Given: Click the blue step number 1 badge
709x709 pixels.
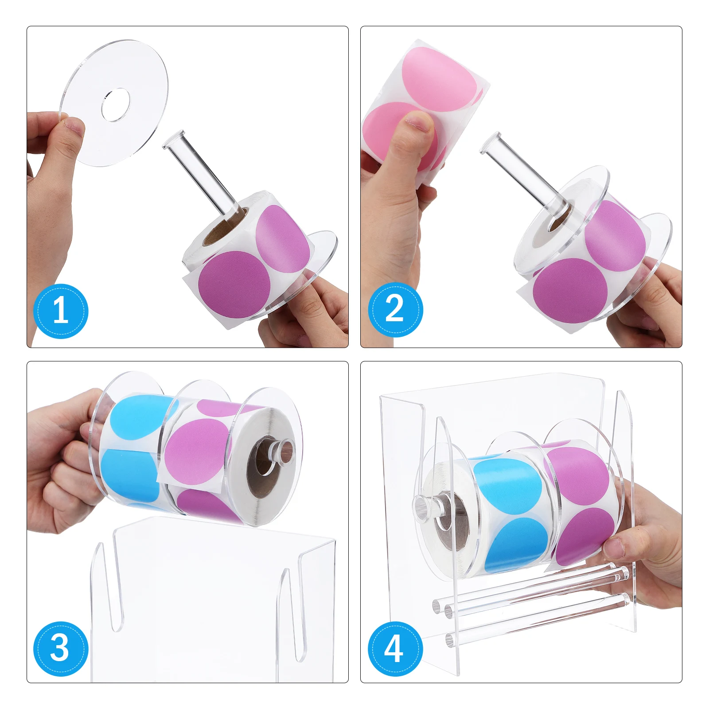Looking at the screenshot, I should (61, 311).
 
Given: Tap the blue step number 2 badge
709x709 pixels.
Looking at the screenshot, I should (395, 309).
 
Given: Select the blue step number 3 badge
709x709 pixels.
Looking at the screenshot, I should (61, 648).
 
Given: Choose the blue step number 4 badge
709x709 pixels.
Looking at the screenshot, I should (395, 649).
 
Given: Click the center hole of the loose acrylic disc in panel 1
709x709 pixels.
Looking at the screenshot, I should (115, 105).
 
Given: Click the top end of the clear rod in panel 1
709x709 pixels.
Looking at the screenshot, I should (174, 140).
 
